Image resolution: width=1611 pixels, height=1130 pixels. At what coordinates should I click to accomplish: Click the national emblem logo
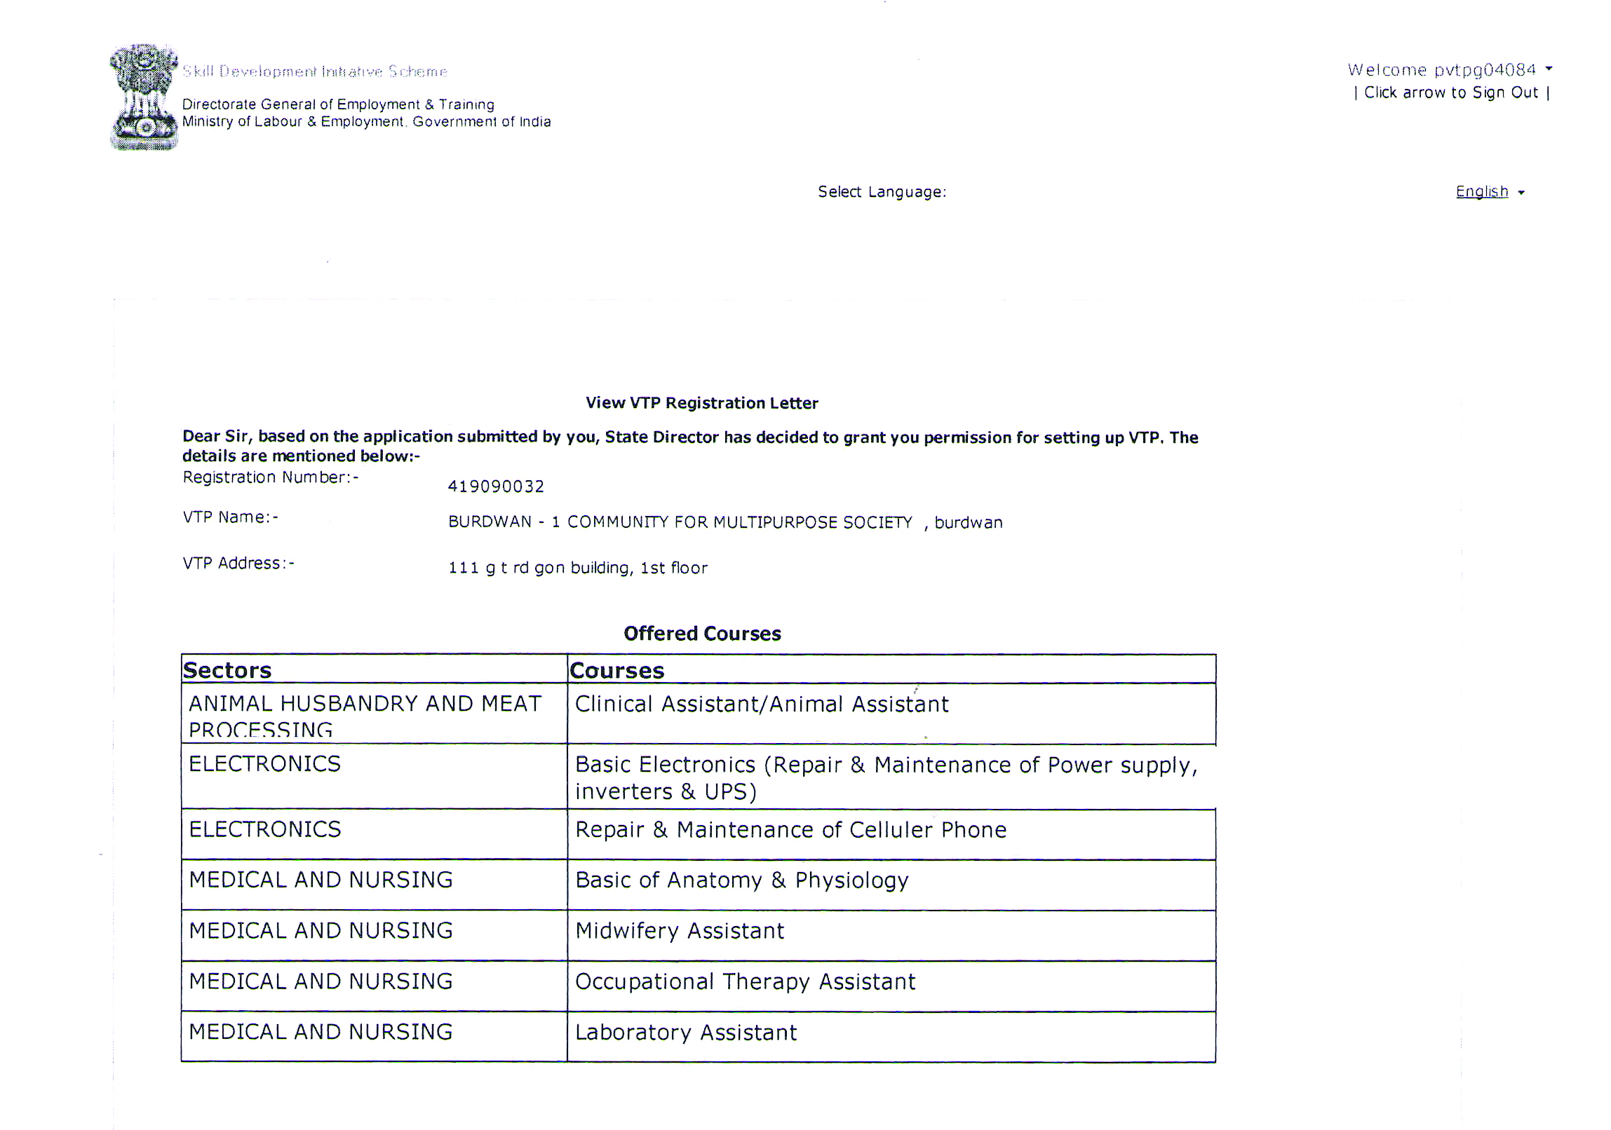click(x=144, y=97)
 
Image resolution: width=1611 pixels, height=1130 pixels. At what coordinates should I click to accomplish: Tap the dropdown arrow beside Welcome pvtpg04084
click(x=1549, y=69)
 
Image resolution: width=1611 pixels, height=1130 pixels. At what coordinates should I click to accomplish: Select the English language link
click(x=1481, y=191)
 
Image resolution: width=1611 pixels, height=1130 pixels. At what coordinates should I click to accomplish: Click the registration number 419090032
click(x=495, y=486)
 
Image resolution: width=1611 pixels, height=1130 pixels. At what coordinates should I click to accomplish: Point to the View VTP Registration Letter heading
click(x=701, y=402)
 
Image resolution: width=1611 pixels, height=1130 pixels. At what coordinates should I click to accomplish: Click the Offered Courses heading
click(x=701, y=634)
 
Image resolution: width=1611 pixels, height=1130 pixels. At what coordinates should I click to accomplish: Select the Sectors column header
click(x=227, y=670)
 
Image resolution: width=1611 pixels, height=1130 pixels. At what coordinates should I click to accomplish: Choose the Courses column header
click(x=616, y=670)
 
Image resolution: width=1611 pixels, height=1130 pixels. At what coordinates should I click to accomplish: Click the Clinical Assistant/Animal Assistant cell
click(x=761, y=704)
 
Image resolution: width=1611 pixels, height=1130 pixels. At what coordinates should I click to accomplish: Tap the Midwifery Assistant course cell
click(x=679, y=931)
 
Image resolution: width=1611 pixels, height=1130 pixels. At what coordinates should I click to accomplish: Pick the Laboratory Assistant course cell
click(x=685, y=1033)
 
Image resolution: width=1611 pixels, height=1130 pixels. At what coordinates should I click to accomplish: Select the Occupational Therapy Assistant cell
click(x=745, y=981)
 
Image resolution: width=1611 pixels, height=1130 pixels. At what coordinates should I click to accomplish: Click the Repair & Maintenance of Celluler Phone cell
click(x=790, y=830)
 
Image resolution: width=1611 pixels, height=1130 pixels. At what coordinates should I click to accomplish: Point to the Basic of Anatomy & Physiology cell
click(x=741, y=880)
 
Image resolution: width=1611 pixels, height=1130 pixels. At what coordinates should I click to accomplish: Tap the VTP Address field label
click(x=238, y=563)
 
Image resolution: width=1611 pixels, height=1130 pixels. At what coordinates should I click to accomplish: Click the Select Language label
click(x=882, y=192)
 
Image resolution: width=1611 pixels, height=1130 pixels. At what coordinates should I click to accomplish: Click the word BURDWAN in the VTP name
click(x=490, y=522)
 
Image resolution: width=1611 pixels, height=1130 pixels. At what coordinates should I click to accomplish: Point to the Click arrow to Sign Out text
click(x=1451, y=93)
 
